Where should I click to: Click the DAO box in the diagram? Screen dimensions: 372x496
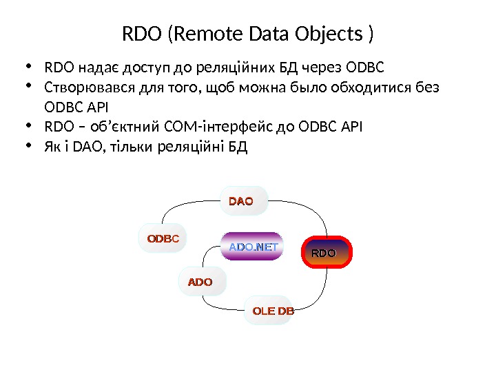pyautogui.click(x=241, y=201)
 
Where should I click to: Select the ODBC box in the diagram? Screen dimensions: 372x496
pyautogui.click(x=163, y=239)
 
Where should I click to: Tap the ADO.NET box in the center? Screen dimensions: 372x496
pyautogui.click(x=253, y=247)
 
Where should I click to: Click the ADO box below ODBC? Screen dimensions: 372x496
pyautogui.click(x=200, y=282)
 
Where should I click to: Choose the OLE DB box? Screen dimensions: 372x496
pyautogui.click(x=273, y=311)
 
